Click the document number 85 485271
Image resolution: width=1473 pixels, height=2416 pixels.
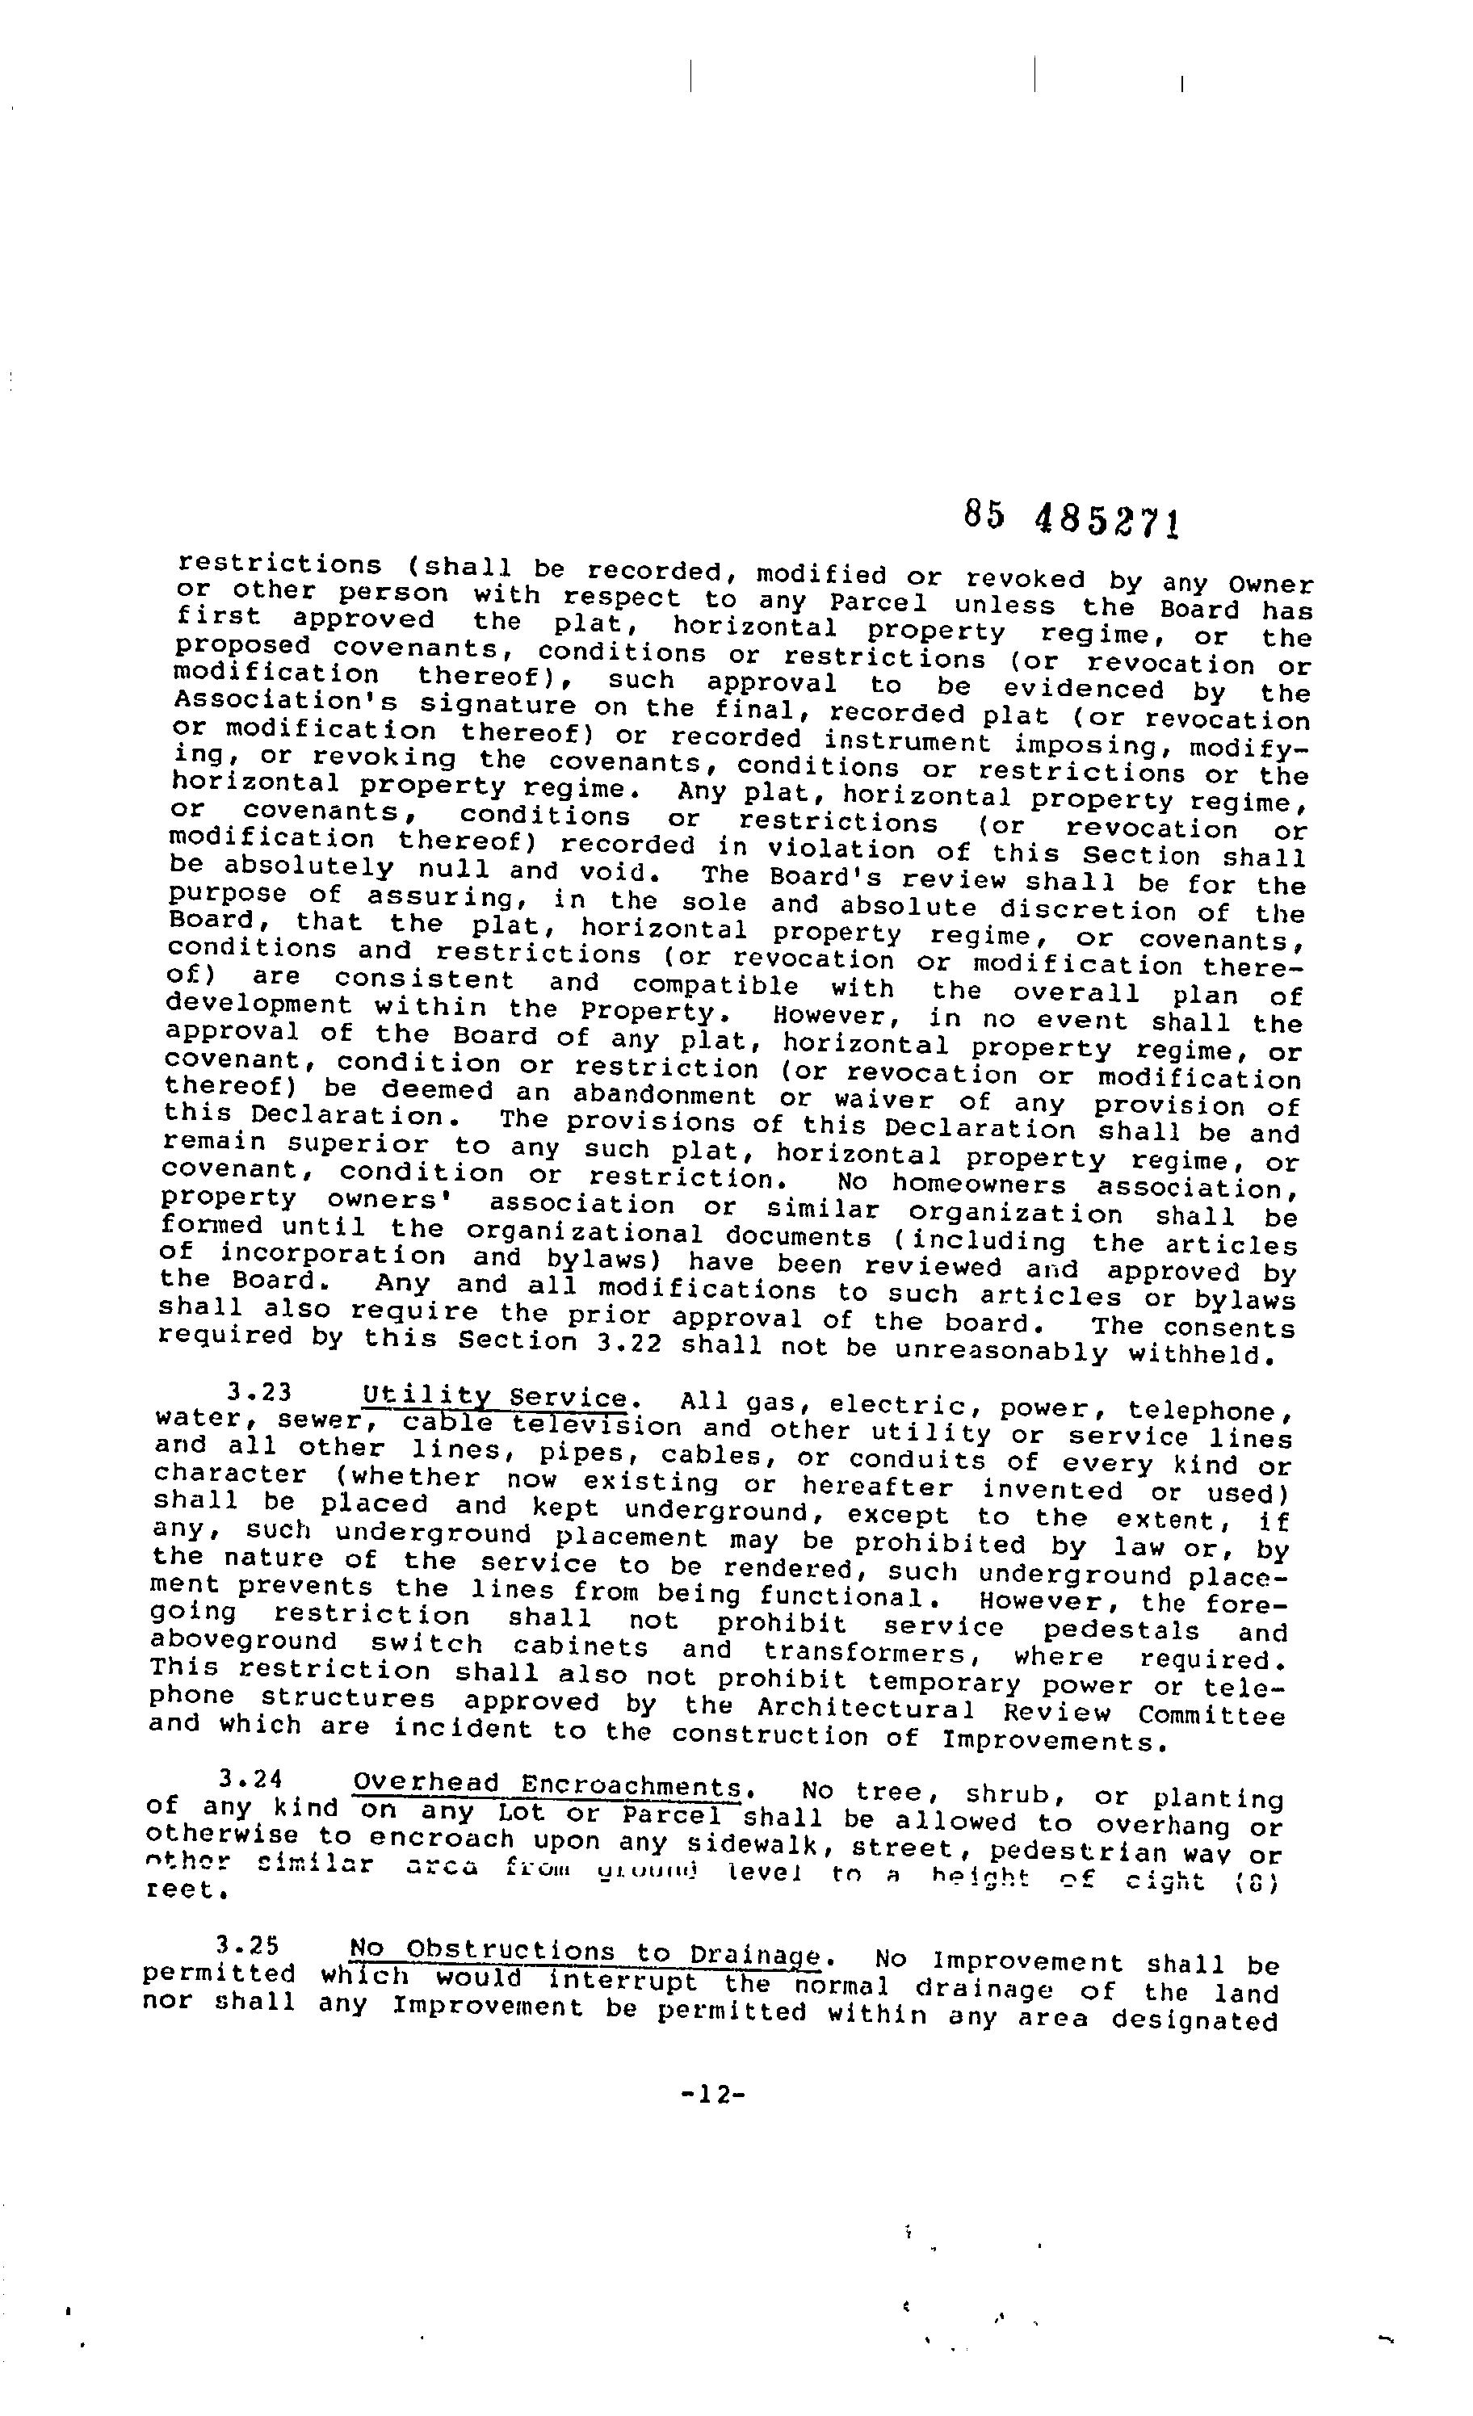(1070, 518)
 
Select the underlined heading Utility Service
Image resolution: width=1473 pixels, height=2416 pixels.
(494, 1396)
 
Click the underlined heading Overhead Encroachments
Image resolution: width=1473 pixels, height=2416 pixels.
(546, 1784)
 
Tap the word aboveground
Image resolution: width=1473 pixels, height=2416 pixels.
(245, 1642)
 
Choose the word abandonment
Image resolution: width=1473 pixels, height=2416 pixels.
(664, 1094)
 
